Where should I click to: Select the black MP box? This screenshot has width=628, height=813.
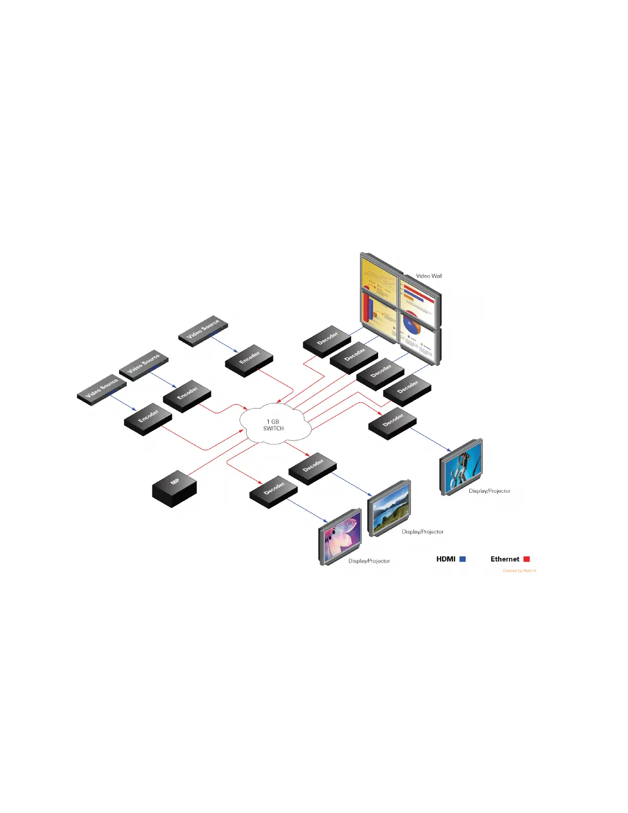pyautogui.click(x=174, y=490)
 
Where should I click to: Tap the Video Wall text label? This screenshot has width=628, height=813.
pyautogui.click(x=429, y=276)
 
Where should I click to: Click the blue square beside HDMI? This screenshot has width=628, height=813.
pyautogui.click(x=462, y=559)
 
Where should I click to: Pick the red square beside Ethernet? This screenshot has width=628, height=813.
pyautogui.click(x=526, y=559)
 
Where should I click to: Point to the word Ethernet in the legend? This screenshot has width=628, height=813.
pyautogui.click(x=505, y=559)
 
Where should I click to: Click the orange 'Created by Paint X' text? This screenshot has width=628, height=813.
pyautogui.click(x=519, y=571)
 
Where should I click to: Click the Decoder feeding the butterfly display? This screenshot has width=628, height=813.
pyautogui.click(x=273, y=492)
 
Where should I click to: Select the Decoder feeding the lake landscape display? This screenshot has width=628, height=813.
pyautogui.click(x=312, y=468)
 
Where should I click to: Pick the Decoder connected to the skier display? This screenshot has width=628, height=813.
pyautogui.click(x=392, y=423)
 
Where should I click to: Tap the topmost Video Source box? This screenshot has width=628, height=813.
pyautogui.click(x=203, y=331)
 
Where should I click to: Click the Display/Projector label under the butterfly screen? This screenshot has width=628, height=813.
pyautogui.click(x=369, y=561)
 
